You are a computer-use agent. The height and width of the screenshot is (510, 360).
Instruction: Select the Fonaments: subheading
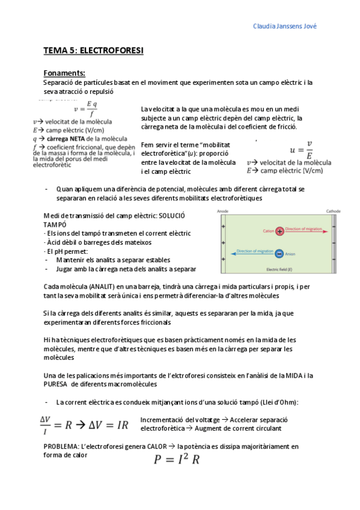pos(64,73)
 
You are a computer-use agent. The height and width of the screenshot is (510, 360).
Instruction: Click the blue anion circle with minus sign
pos(279,253)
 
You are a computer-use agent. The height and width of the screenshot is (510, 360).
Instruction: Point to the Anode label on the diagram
pos(221,212)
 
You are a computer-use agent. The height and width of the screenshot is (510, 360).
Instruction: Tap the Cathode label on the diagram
pos(333,212)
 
